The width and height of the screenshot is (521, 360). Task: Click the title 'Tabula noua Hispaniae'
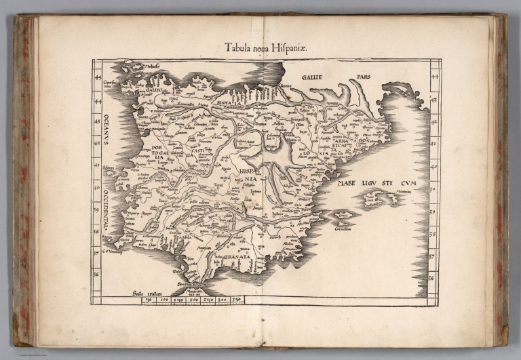(260, 47)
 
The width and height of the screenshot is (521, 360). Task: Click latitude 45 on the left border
(97, 76)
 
